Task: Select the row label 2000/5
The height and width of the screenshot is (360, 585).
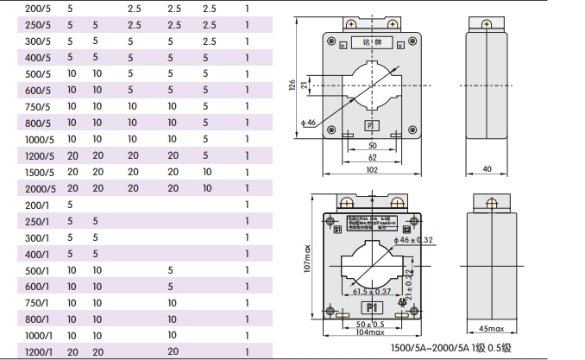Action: click(40, 188)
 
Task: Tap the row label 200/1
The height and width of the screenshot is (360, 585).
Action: click(37, 205)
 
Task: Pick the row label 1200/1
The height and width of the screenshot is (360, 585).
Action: click(39, 352)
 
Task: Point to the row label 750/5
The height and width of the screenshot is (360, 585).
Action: click(37, 106)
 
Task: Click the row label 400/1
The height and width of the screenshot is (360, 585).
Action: click(37, 255)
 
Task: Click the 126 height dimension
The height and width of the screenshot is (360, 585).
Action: click(292, 85)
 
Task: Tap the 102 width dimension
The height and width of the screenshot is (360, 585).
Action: click(372, 170)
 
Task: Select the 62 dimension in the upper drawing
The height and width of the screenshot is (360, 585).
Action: click(372, 158)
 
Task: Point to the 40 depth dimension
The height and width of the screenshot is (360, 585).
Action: click(487, 169)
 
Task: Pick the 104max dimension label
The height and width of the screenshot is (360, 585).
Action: click(372, 332)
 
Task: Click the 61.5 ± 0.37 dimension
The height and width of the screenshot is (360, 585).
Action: click(372, 292)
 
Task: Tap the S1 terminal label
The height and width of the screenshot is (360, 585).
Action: click(337, 231)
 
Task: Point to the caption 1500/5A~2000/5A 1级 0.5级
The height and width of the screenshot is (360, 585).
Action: click(457, 348)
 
